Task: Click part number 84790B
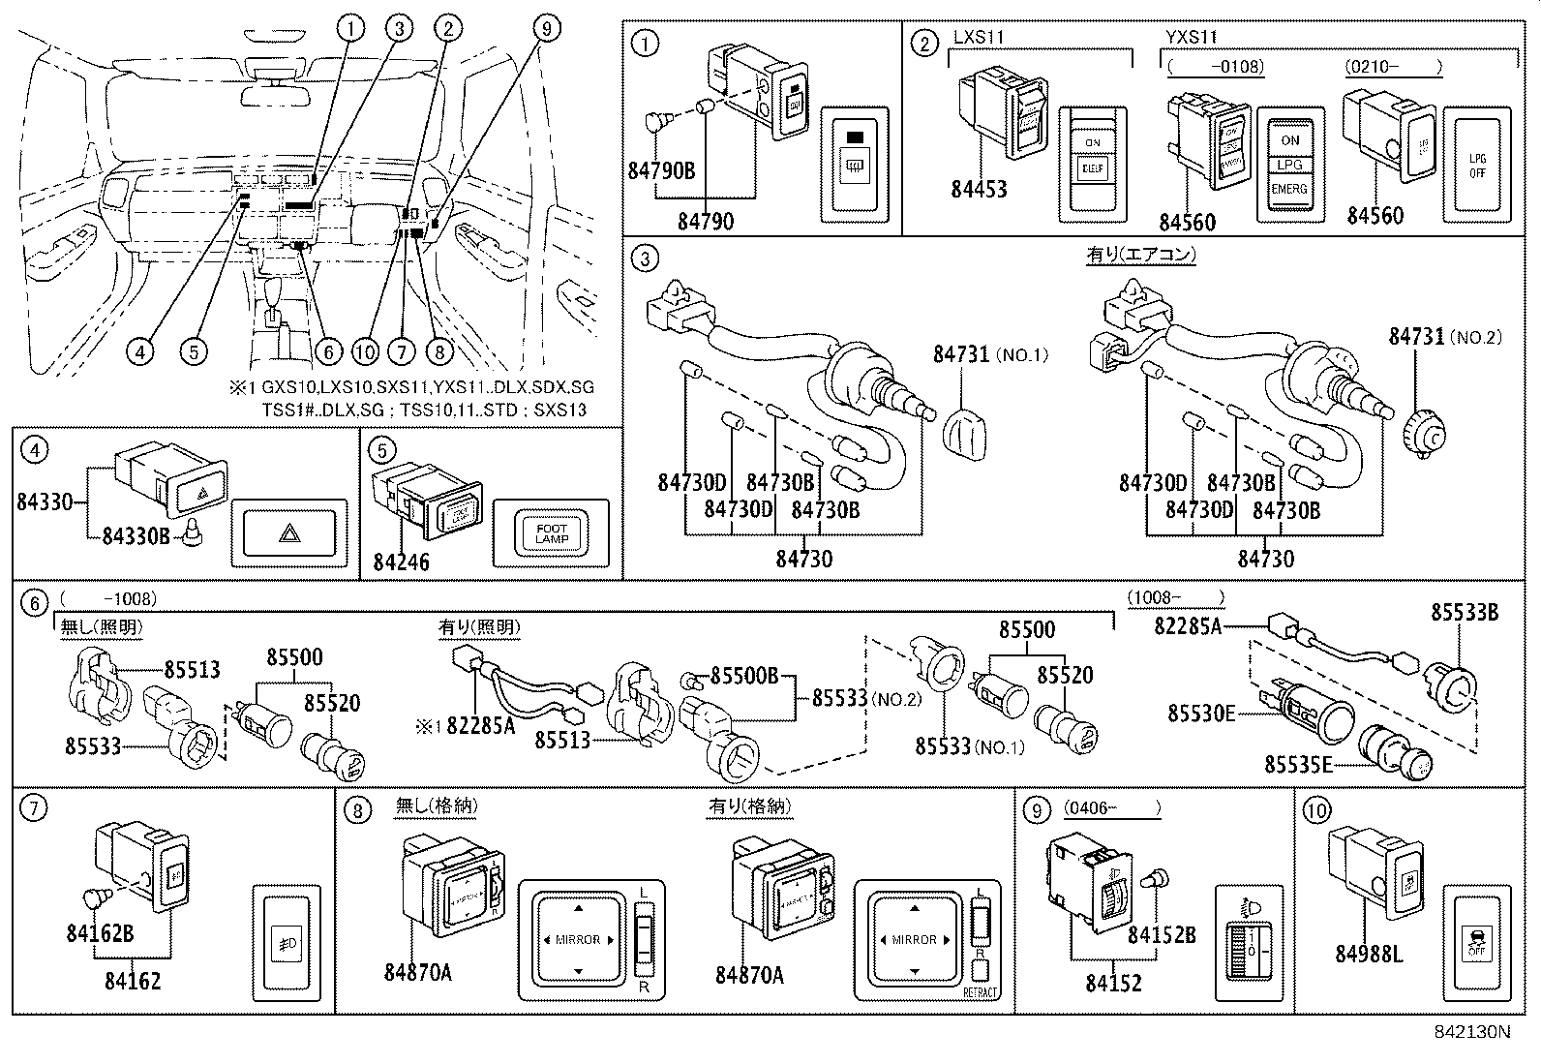coord(661,171)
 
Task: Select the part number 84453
coord(979,189)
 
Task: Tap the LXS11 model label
coord(979,37)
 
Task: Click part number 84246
coord(401,562)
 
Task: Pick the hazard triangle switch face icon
coord(288,532)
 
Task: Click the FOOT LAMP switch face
coord(551,532)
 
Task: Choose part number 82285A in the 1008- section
coord(1187,626)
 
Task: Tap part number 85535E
coord(1297,766)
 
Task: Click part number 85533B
coord(1464,612)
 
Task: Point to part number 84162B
coord(100,932)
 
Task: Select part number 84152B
coord(1162,935)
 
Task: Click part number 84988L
coord(1368,954)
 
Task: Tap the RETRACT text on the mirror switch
coord(980,992)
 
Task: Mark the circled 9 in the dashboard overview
coord(547,29)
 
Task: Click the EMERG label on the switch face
coord(1289,190)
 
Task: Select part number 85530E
coord(1201,714)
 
